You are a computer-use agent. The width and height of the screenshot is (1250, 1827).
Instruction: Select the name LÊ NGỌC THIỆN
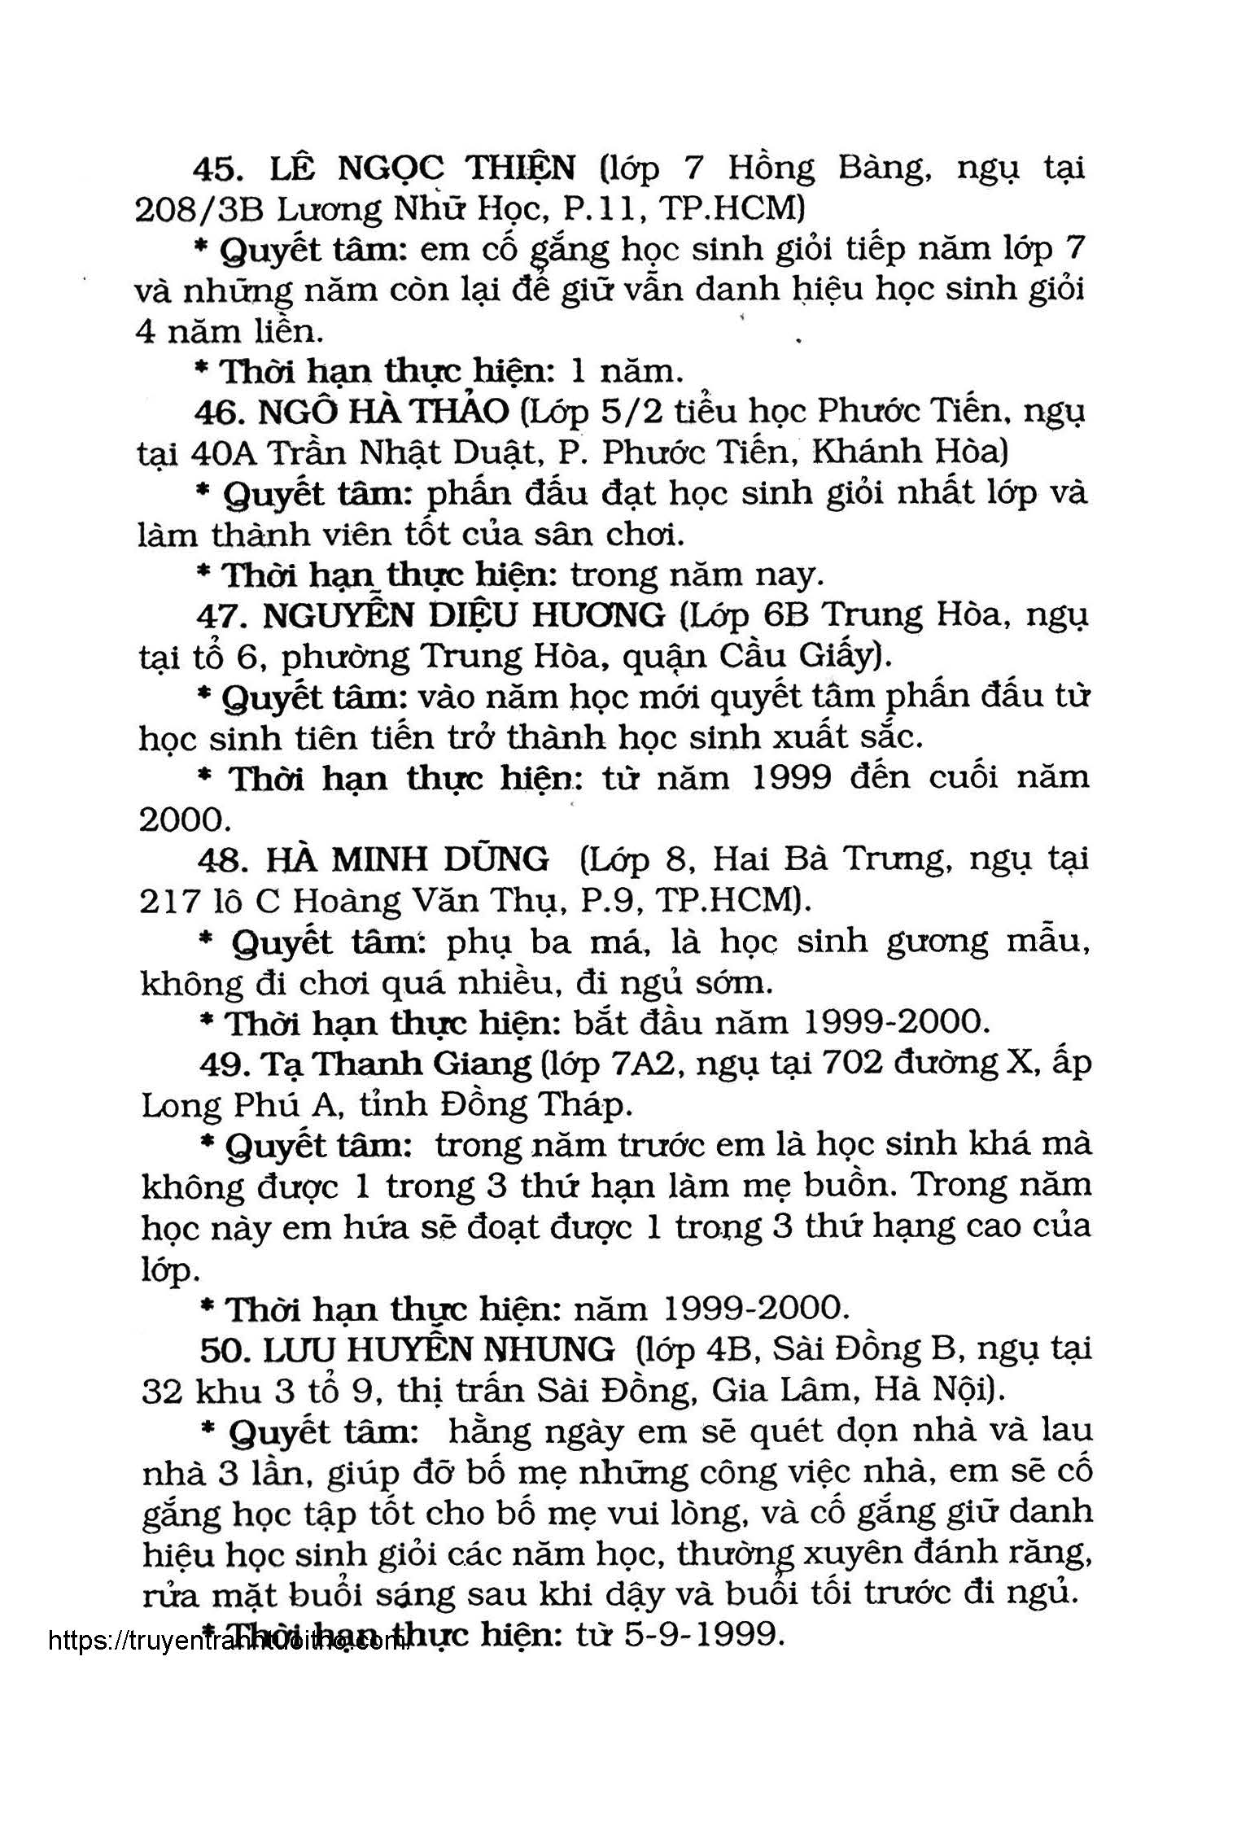point(422,168)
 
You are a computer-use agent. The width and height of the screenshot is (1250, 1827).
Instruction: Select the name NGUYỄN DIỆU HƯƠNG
point(465,616)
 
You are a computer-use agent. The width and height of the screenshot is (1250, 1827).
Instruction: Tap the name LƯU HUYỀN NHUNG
point(439,1351)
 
